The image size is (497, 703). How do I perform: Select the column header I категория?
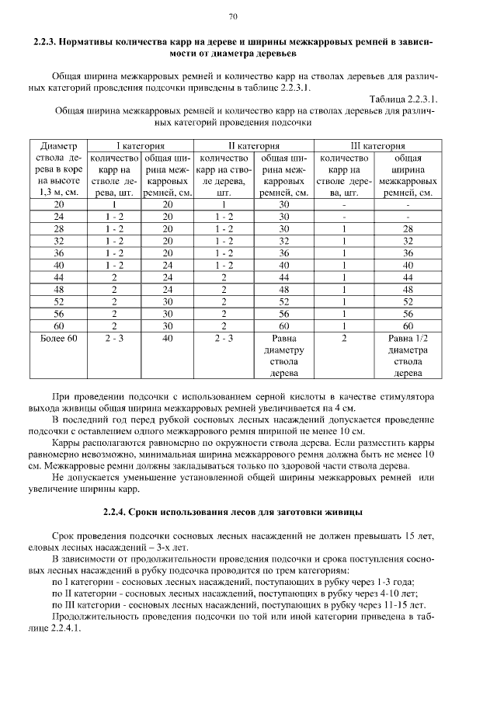click(x=140, y=145)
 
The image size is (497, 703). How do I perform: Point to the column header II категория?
click(x=253, y=145)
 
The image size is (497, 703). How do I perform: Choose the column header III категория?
click(x=377, y=145)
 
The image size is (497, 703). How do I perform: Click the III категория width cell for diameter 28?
click(x=408, y=229)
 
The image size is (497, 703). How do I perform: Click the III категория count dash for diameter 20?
click(x=343, y=204)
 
